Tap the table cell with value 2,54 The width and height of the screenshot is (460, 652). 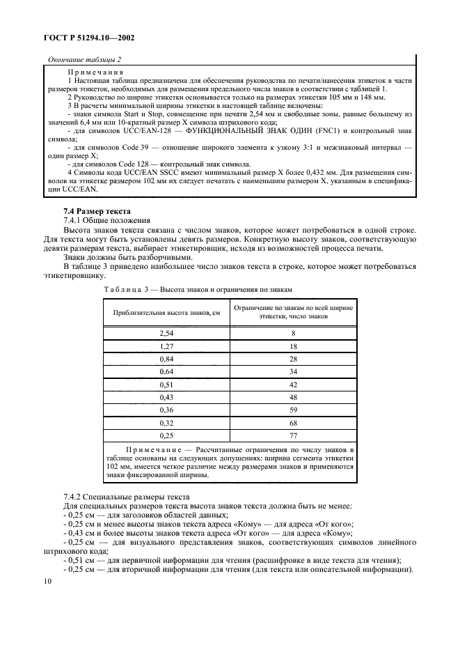(166, 334)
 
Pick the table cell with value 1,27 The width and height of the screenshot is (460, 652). (166, 346)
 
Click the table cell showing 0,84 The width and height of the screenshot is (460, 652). (166, 359)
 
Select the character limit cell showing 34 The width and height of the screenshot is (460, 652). (293, 371)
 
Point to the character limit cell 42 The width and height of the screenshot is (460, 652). (293, 384)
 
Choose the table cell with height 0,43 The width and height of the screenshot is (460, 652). (166, 396)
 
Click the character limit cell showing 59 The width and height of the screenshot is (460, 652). (293, 409)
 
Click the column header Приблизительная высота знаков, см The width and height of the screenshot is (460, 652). (166, 314)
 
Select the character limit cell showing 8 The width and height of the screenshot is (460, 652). (293, 334)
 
